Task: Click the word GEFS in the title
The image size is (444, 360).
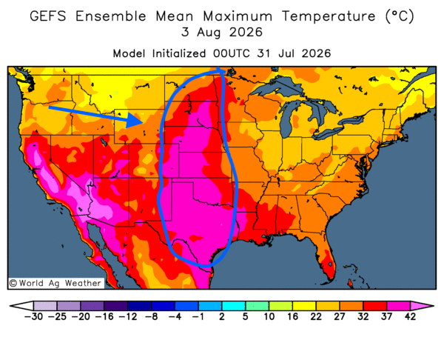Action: click(48, 16)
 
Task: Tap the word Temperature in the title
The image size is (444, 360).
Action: click(329, 16)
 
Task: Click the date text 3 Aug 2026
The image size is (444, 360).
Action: click(222, 32)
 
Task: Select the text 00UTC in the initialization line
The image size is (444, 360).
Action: click(232, 53)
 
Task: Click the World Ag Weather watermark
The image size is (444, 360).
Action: click(55, 283)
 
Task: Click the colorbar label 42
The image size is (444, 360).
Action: click(410, 316)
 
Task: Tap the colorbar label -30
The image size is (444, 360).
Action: click(33, 316)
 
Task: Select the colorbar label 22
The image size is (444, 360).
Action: click(316, 316)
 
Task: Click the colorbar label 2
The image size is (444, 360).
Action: click(221, 316)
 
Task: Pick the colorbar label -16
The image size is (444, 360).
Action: click(104, 316)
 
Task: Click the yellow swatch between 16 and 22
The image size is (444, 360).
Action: click(304, 306)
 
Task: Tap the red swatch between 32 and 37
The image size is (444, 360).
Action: click(374, 306)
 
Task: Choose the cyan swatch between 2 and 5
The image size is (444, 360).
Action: click(233, 306)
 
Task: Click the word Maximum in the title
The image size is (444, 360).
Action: click(238, 16)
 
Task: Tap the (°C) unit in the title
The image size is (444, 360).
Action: click(400, 16)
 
